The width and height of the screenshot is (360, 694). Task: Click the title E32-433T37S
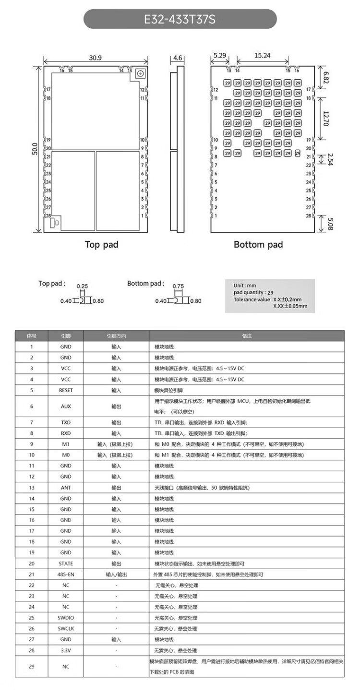180,20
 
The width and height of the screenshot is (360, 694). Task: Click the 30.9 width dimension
95,58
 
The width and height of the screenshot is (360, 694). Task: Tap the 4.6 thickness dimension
178,58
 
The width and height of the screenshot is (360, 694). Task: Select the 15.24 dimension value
262,56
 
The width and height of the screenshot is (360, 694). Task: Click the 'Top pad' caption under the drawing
101,244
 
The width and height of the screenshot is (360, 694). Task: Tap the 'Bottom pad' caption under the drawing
258,244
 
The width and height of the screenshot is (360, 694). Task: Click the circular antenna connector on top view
141,74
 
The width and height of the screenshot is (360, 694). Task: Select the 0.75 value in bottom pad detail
178,287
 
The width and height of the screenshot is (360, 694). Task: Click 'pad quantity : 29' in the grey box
256,292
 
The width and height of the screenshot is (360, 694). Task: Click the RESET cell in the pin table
66,390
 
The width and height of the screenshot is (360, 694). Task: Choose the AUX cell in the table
66,406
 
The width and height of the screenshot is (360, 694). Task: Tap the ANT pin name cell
66,488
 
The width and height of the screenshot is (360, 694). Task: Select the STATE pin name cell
66,563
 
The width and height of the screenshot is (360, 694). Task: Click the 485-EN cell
66,574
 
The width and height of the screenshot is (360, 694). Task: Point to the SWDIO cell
66,618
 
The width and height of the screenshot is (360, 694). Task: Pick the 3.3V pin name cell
66,650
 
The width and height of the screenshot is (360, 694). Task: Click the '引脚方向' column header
116,335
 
